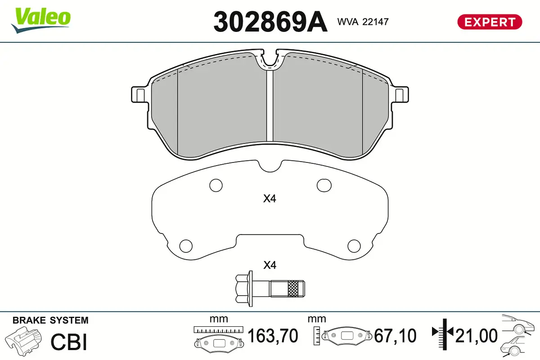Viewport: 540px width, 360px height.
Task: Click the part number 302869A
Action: (270, 21)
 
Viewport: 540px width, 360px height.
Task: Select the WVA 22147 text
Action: (363, 21)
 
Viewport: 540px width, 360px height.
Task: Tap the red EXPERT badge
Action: (490, 22)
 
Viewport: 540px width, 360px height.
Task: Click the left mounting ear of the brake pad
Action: (139, 95)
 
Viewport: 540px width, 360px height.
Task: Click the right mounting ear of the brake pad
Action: (400, 95)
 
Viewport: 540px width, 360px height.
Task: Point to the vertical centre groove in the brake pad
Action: (270, 106)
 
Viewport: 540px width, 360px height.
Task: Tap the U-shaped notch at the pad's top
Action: (270, 61)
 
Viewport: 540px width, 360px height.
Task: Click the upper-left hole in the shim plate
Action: (216, 184)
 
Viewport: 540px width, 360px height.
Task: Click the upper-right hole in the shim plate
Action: (324, 184)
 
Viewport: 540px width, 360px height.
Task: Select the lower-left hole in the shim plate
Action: (185, 246)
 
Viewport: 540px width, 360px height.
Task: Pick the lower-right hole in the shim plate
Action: (354, 246)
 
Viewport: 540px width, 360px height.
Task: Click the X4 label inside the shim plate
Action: (269, 198)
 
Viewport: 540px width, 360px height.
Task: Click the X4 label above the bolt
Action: (269, 265)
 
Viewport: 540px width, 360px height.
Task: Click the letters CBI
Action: (68, 342)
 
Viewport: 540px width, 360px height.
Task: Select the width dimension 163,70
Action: (273, 336)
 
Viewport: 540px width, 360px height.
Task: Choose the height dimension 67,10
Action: (396, 336)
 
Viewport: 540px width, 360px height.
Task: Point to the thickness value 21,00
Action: (477, 336)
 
